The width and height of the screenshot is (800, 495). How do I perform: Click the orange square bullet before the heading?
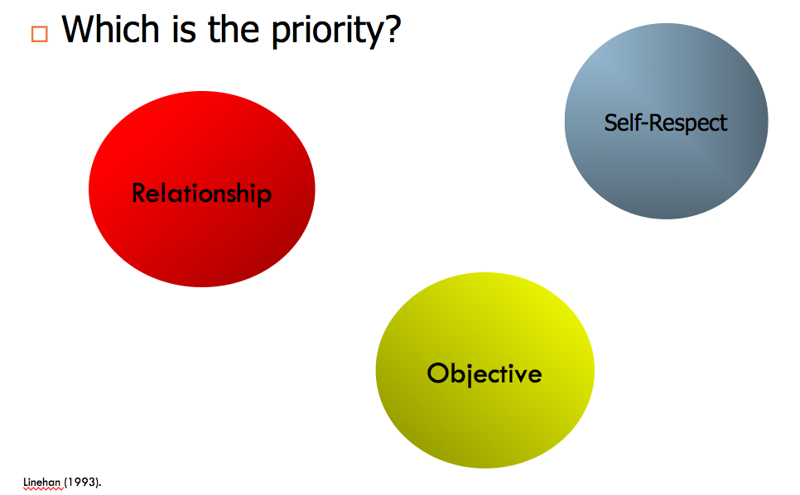tap(40, 34)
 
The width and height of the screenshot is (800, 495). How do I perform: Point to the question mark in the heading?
tap(391, 29)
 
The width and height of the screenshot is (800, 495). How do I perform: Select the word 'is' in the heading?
tap(184, 30)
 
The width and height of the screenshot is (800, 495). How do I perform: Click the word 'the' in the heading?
tap(234, 29)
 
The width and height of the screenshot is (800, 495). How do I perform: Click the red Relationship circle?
tap(202, 189)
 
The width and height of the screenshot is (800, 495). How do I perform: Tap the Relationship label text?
tap(202, 194)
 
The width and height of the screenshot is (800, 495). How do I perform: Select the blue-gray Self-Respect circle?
tap(667, 122)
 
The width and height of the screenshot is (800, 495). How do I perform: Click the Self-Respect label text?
tap(666, 123)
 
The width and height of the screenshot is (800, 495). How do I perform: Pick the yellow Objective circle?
tap(485, 370)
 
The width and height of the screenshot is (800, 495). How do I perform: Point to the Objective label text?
tap(484, 374)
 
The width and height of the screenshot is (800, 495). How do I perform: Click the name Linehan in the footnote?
tap(42, 482)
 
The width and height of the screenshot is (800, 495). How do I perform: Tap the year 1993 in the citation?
tap(82, 482)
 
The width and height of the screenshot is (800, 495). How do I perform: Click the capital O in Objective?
tap(437, 373)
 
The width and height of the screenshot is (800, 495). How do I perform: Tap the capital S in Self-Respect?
tap(611, 123)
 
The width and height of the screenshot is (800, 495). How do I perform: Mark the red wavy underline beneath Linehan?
tap(44, 488)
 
